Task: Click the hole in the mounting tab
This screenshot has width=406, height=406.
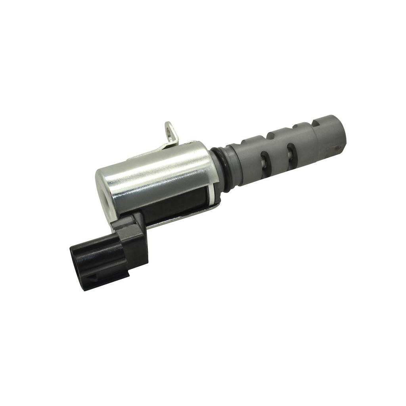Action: pyautogui.click(x=170, y=129)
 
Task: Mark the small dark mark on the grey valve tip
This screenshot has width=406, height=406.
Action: pyautogui.click(x=337, y=148)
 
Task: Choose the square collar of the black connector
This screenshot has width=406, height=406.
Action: pyautogui.click(x=131, y=238)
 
